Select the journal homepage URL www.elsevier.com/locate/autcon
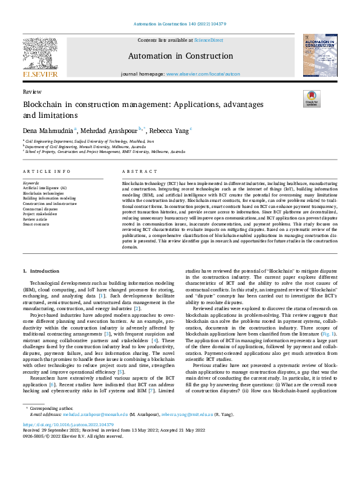click(201, 73)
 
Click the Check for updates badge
click(311, 99)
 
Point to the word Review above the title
click(31, 91)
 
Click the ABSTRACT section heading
click(136, 172)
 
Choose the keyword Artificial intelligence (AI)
click(45, 188)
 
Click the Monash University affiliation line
click(85, 146)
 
